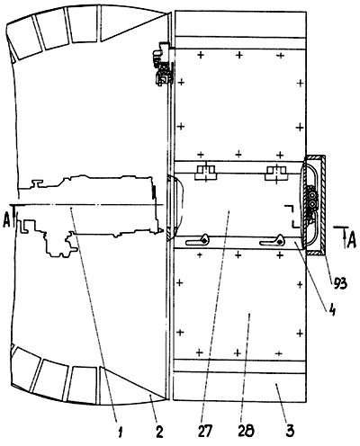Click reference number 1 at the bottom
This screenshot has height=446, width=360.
(121, 432)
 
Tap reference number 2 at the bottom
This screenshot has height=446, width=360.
(159, 432)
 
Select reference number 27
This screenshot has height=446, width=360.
(205, 432)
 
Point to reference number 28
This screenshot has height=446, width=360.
(246, 431)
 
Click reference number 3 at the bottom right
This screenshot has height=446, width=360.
(290, 431)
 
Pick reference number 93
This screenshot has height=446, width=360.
(338, 283)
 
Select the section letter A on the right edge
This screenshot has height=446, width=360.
(351, 241)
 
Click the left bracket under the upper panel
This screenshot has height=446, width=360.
(205, 173)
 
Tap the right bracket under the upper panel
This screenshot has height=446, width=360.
(276, 173)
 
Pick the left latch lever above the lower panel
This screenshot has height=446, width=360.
(197, 240)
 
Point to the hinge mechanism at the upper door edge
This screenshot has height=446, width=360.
(163, 65)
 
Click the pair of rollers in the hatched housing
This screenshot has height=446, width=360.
(312, 200)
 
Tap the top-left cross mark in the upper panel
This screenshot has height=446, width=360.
(201, 55)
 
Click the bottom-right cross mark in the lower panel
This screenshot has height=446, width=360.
(279, 353)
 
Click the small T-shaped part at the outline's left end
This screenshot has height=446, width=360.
(37, 183)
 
